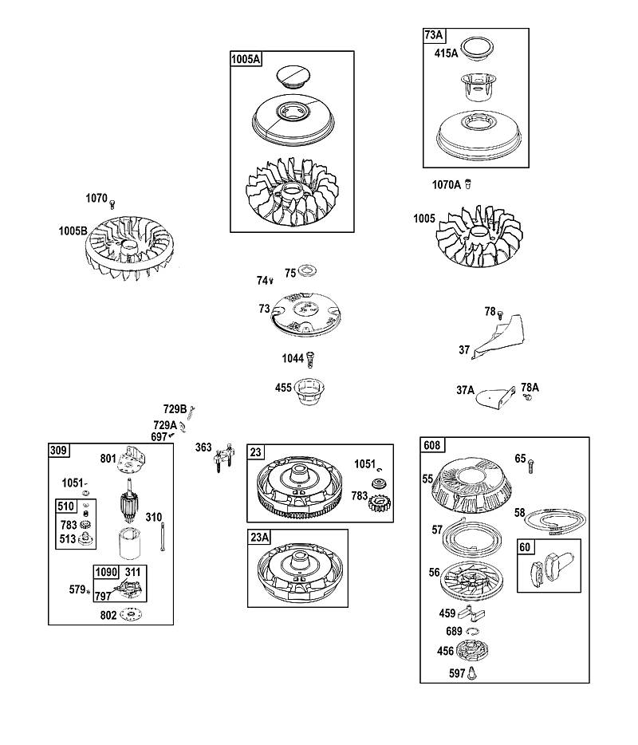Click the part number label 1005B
pos(73,231)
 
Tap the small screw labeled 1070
pos(112,204)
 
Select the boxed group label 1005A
pos(246,59)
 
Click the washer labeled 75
pos(309,271)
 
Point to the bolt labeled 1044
pos(311,359)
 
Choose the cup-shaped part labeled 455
pos(309,392)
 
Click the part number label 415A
pos(446,53)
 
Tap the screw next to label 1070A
pos(468,183)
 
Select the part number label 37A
pos(465,390)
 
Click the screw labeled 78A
pos(526,396)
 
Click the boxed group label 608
pos(431,445)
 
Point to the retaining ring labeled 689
pos(472,632)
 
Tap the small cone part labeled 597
pos(472,672)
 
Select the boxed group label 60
pos(525,547)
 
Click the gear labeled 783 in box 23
pos(379,503)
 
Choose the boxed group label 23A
pos(259,538)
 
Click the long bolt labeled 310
pos(163,537)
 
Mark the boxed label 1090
pos(105,572)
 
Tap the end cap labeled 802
pos(131,614)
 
